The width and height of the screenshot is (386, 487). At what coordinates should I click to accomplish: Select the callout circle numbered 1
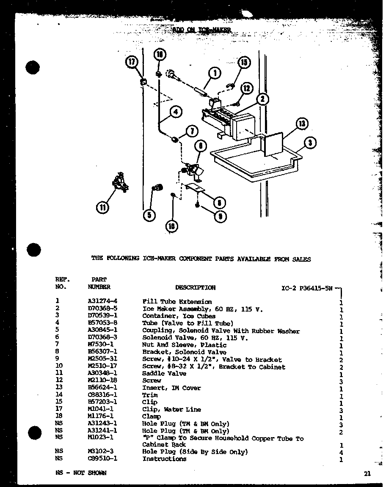click(215, 73)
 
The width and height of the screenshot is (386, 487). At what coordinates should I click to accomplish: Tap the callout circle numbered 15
click(244, 63)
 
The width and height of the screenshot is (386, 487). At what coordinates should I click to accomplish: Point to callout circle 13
click(301, 124)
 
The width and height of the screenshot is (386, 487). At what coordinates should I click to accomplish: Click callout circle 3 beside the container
click(310, 143)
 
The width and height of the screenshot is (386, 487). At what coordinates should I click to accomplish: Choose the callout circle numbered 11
click(102, 207)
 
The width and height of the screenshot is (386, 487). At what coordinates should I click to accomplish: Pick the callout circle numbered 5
click(149, 215)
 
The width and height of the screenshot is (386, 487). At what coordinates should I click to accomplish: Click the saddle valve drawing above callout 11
click(119, 182)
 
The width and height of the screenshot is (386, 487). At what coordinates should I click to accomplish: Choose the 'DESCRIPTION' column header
click(195, 287)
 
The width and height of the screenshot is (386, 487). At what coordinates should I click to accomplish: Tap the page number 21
click(367, 474)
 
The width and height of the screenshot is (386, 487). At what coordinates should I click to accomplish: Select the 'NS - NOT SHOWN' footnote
click(80, 473)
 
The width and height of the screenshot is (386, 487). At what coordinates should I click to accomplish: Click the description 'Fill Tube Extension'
click(177, 302)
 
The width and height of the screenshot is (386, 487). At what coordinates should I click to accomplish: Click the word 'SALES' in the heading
click(301, 259)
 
